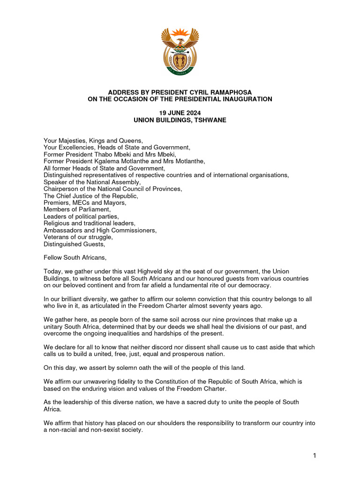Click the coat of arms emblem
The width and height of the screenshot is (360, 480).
pyautogui.click(x=180, y=52)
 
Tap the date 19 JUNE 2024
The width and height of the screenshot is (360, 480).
pyautogui.click(x=180, y=113)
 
